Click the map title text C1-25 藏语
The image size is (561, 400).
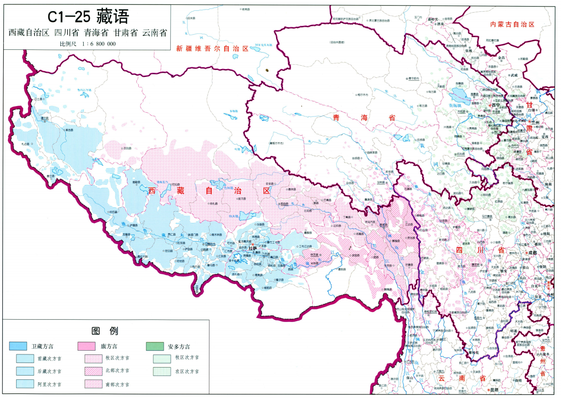click(87, 16)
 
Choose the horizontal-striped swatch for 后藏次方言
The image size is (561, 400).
click(23, 371)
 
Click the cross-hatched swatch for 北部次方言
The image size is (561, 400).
click(93, 371)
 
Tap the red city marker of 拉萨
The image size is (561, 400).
click(253, 245)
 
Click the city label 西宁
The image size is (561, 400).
click(494, 106)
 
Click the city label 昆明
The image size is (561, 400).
click(494, 390)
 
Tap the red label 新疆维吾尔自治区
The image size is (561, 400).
click(212, 48)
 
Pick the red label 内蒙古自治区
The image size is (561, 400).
click(512, 24)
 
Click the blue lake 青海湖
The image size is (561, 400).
click(458, 97)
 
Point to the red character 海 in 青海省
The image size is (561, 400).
click(362, 118)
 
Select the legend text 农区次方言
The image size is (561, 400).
click(187, 371)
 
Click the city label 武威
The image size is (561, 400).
click(514, 75)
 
